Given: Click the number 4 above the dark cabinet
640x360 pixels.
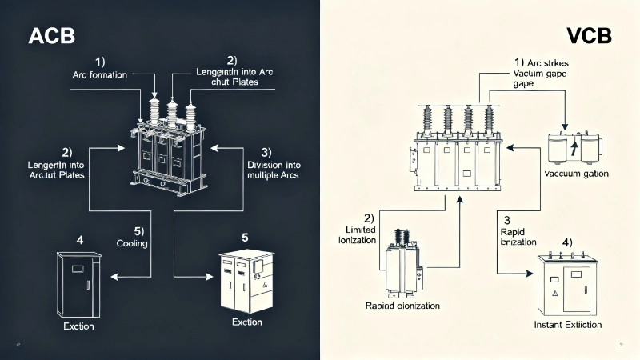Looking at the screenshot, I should pyautogui.click(x=79, y=239).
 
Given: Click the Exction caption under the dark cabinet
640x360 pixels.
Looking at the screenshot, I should pyautogui.click(x=78, y=326).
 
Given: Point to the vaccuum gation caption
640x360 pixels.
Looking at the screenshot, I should pyautogui.click(x=576, y=174).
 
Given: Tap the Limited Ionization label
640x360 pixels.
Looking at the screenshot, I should pyautogui.click(x=358, y=235).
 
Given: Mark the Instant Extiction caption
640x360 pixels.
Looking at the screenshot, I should pyautogui.click(x=567, y=325).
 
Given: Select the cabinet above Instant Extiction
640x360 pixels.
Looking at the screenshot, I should pyautogui.click(x=569, y=283).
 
